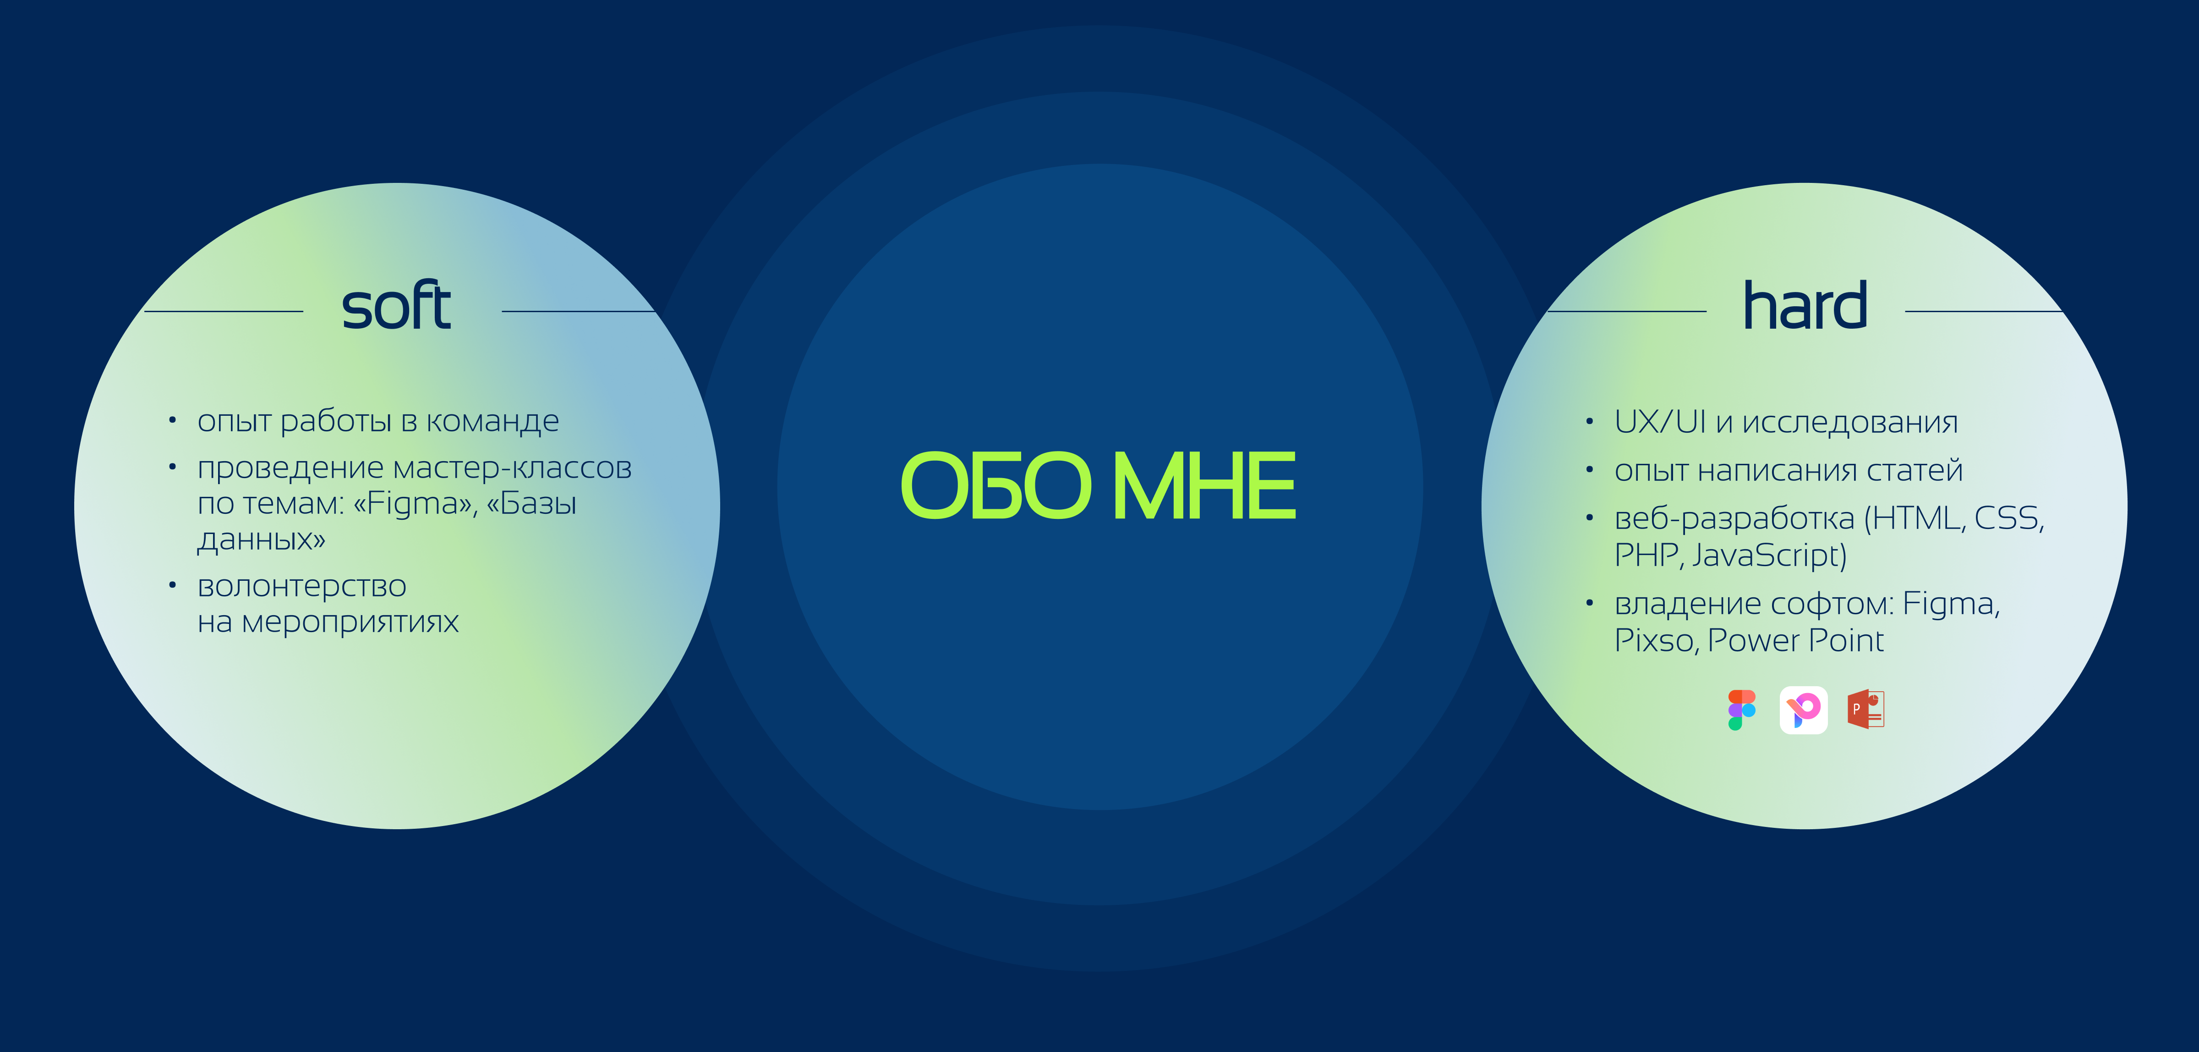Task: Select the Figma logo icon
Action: click(1741, 710)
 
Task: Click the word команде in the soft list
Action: click(492, 421)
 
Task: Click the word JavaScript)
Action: click(1769, 555)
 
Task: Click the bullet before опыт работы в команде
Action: click(172, 420)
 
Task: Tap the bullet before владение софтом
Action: click(1590, 603)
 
